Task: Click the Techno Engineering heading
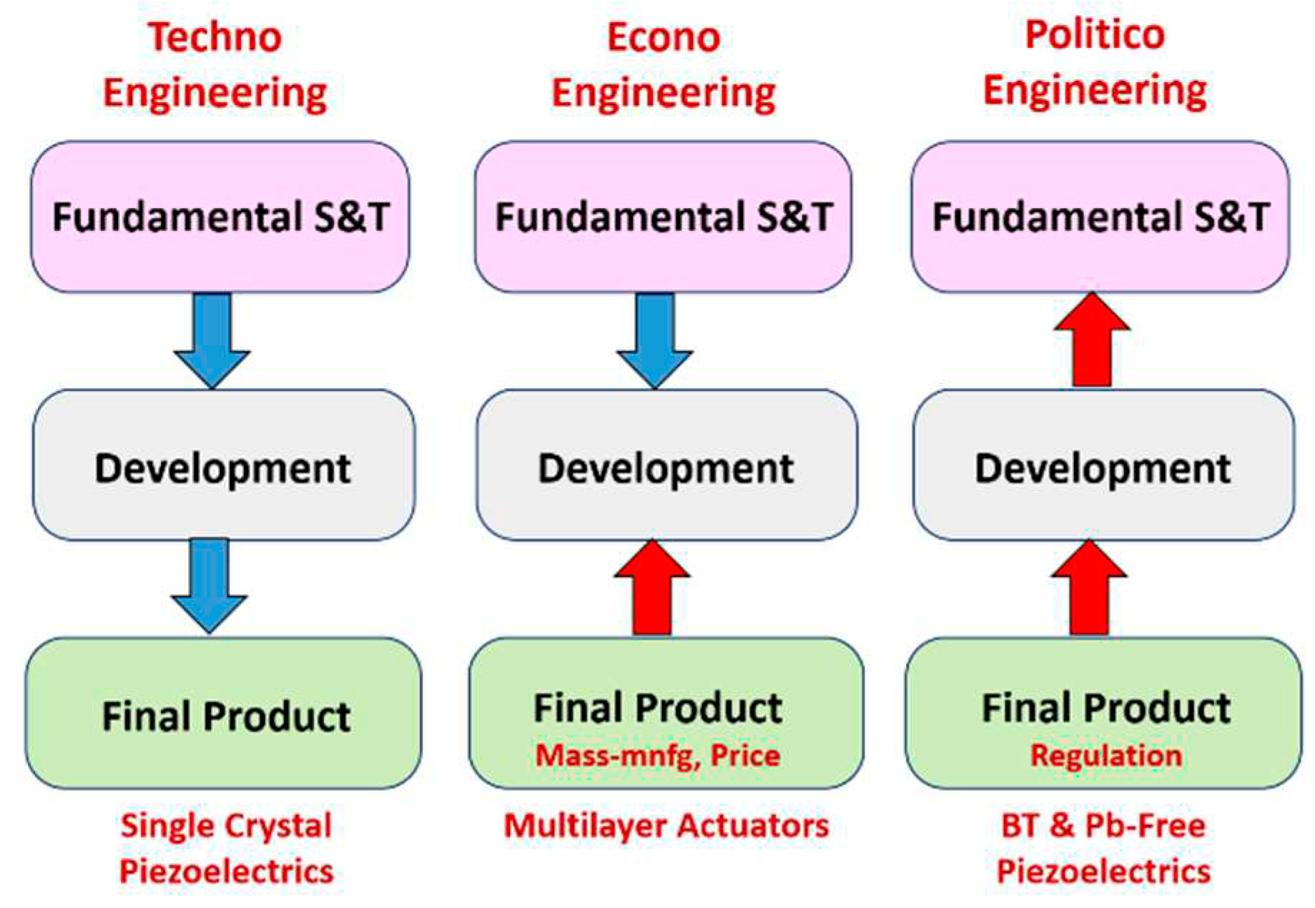pos(215,65)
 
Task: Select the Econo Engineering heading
pos(664,65)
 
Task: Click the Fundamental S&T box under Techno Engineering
pos(220,217)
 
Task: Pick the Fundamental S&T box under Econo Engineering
pos(664,217)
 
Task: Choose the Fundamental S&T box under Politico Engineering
pos(1100,217)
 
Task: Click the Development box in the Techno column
pos(224,465)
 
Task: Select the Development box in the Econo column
pos(667,465)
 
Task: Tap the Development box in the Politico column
pos(1103,465)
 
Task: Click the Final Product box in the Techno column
pos(224,714)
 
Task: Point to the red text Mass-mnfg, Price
pos(658,755)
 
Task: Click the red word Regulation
pos(1106,755)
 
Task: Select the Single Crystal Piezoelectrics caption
pos(226,848)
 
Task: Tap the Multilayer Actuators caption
pos(666,825)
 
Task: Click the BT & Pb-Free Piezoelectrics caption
pos(1103,848)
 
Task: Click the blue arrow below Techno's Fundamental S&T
pos(212,340)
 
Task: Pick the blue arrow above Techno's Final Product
pos(210,586)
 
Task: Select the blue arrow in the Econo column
pos(655,340)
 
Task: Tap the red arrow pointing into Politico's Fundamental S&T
pos(1092,340)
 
